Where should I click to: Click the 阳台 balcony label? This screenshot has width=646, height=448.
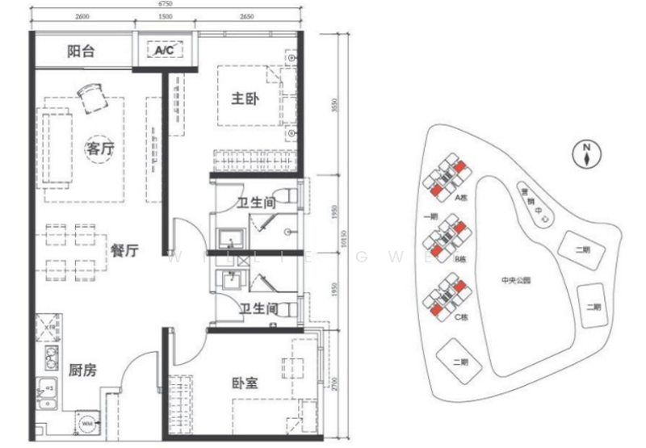click(x=81, y=52)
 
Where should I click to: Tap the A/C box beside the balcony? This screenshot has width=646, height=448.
click(x=166, y=51)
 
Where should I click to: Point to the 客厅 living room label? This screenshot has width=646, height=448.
click(x=99, y=149)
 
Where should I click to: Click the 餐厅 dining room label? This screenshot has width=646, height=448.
click(x=125, y=250)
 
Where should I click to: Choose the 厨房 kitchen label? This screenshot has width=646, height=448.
click(x=83, y=371)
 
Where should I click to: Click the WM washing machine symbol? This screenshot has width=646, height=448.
click(x=88, y=421)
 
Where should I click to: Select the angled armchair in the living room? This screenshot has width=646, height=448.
click(x=91, y=98)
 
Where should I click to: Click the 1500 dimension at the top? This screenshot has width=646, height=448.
click(x=166, y=16)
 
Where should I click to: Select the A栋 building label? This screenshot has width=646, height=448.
click(x=462, y=196)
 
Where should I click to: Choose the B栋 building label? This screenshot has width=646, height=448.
click(x=462, y=258)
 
